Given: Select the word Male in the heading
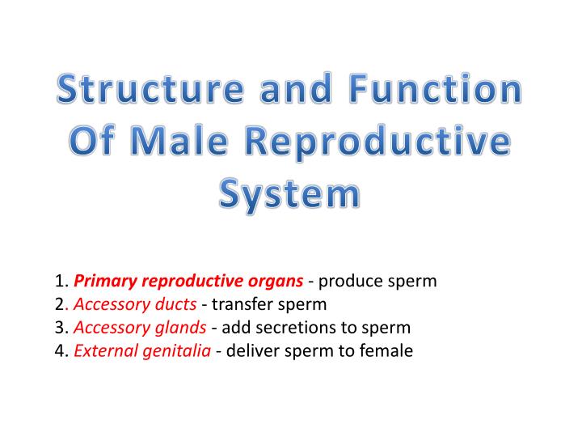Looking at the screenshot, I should point(183,143).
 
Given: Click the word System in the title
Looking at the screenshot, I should point(290,195).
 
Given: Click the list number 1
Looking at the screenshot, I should point(61,282).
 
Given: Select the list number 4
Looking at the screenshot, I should point(61,351).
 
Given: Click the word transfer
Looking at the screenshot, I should point(241,305).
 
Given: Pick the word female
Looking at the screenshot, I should point(387,351).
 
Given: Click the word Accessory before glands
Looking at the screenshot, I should point(108,328).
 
